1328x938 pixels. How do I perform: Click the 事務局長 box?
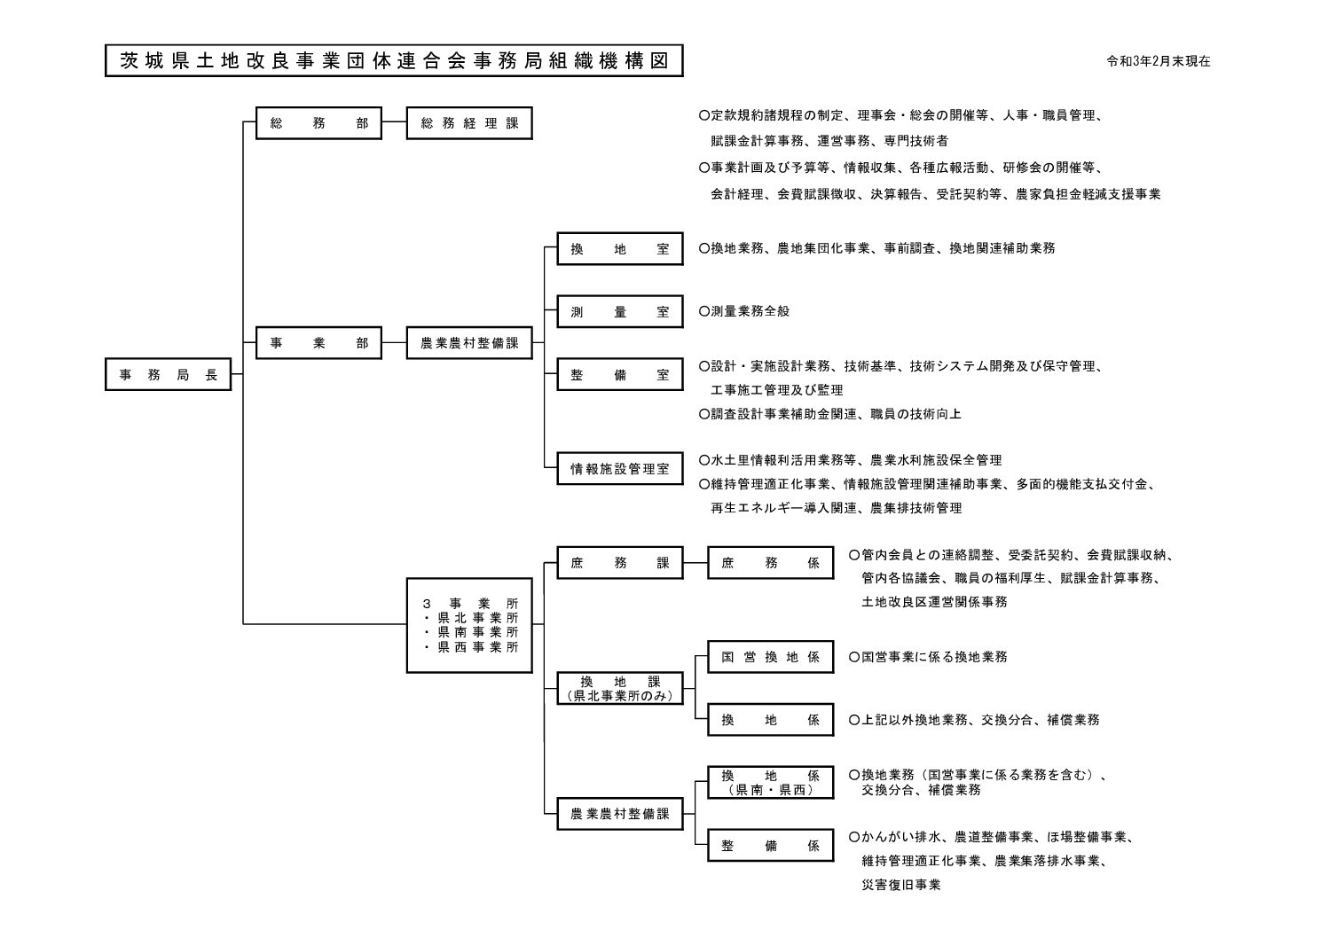168,375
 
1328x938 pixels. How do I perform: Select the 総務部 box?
318,123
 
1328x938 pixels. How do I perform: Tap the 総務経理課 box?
469,123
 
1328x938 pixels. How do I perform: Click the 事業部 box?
318,343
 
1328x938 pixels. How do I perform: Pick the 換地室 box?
619,249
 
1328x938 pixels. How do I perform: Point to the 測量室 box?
619,312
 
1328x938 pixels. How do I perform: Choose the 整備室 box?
619,375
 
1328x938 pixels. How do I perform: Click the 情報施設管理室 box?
619,469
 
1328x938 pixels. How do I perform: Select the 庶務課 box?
619,563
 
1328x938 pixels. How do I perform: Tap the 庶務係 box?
770,563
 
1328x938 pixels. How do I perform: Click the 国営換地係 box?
770,657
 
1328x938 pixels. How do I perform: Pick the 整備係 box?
770,846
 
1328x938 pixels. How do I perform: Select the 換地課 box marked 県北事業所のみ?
619,689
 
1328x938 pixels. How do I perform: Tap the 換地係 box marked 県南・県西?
770,783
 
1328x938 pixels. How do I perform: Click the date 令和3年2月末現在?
1159,62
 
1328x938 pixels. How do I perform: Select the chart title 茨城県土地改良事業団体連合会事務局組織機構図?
393,61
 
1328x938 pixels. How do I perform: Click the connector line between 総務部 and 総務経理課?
394,123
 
